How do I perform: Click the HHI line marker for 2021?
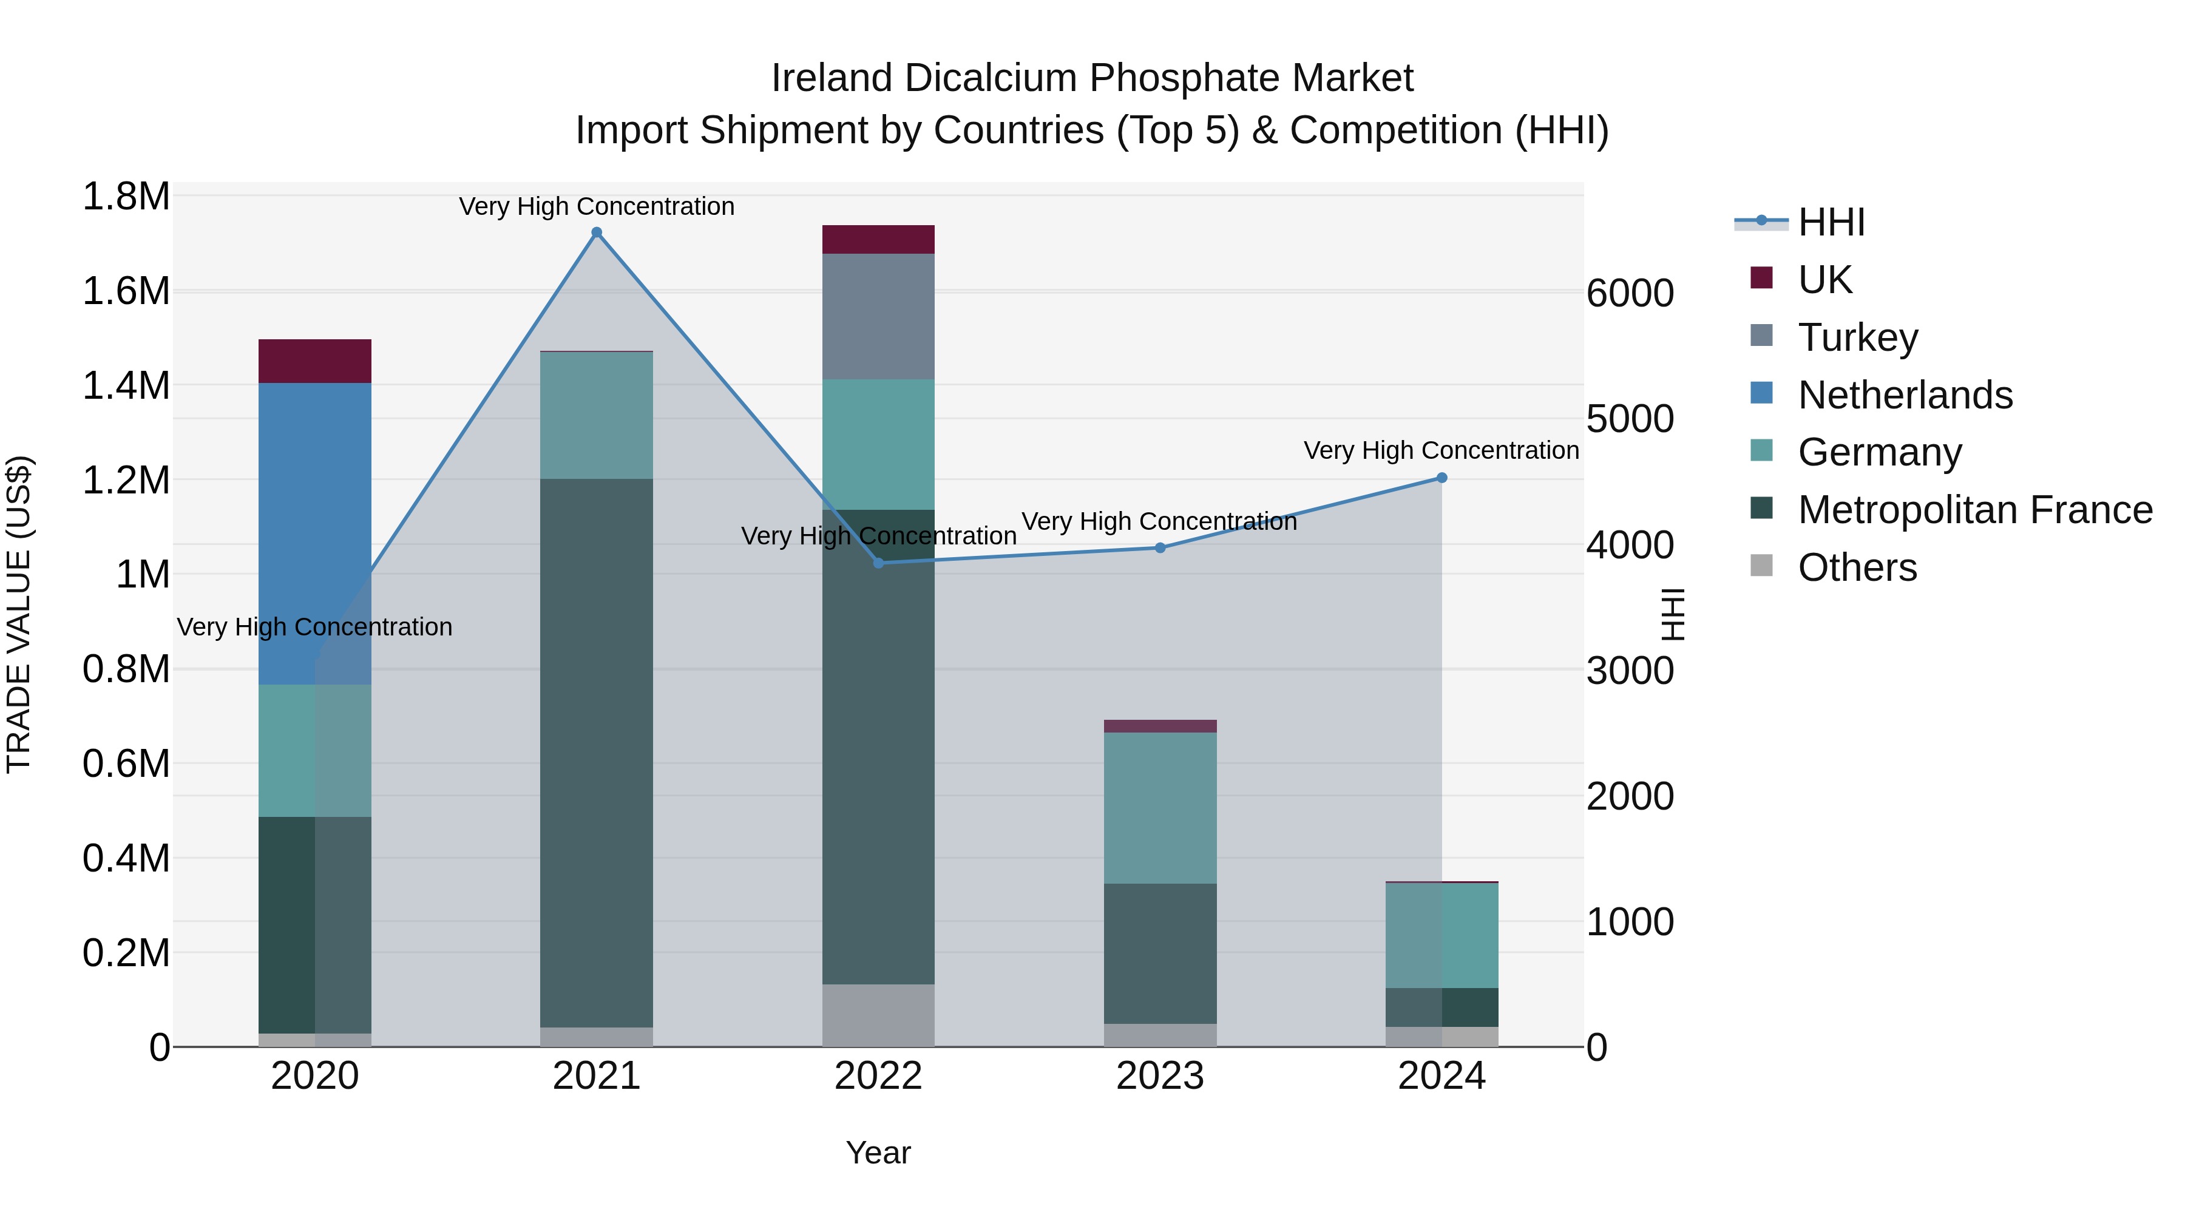(596, 232)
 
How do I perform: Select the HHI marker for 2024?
(1441, 478)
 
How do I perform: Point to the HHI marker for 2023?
(1160, 548)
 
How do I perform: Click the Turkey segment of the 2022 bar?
(878, 316)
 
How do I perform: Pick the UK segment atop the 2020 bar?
(314, 361)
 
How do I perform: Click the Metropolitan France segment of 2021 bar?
(596, 753)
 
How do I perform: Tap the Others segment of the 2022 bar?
(878, 1015)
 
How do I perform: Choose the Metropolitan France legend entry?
(1974, 510)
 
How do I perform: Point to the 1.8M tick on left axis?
(126, 197)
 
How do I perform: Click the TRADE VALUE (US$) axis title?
(19, 614)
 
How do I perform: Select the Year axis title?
(878, 1153)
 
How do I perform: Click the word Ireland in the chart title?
(832, 78)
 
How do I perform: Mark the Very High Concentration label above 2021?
(596, 206)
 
